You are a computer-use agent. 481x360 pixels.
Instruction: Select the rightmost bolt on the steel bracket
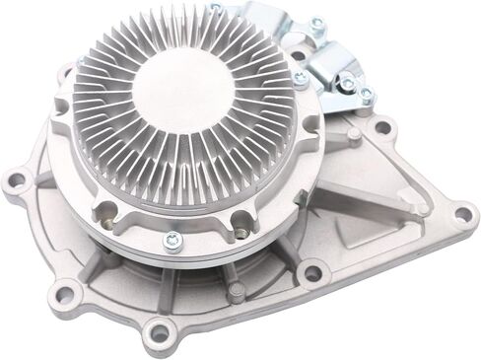click(x=366, y=95)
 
